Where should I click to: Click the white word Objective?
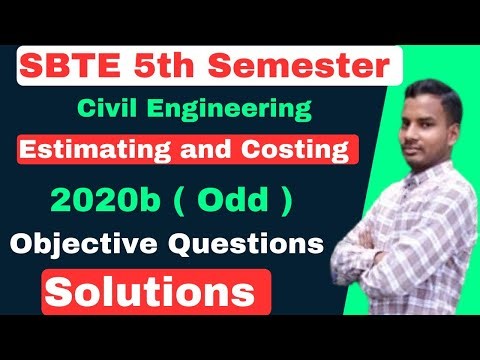point(79,243)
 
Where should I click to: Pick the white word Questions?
point(243,243)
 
